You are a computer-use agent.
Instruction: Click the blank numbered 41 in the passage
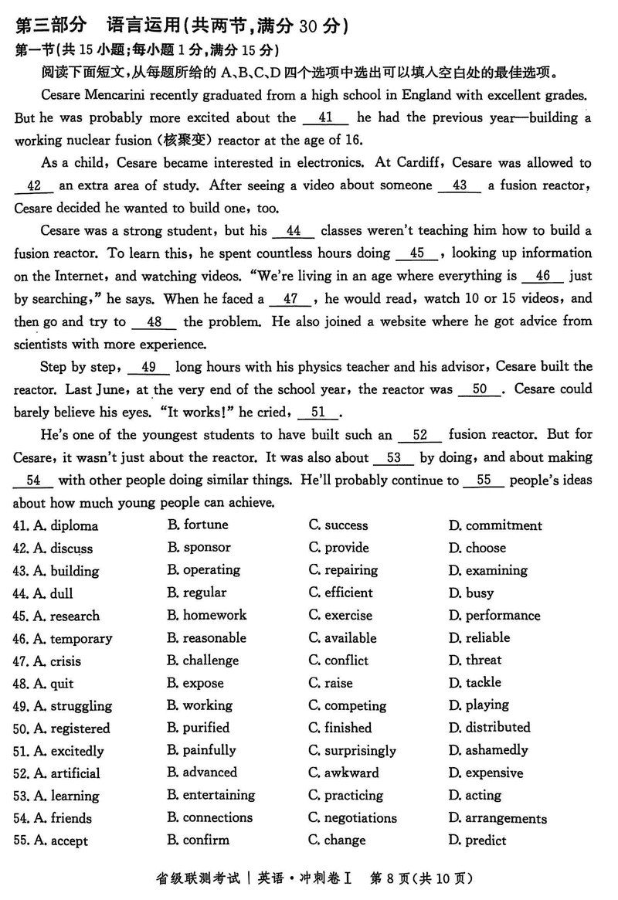[x=325, y=118]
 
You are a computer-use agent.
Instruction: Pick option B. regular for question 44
[x=197, y=593]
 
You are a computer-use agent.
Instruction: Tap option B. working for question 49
[x=200, y=705]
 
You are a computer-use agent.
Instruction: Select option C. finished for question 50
[x=340, y=728]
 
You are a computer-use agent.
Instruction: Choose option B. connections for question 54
[x=209, y=818]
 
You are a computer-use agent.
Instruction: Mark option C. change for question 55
[x=338, y=841]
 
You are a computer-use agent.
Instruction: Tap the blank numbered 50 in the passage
[x=480, y=389]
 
